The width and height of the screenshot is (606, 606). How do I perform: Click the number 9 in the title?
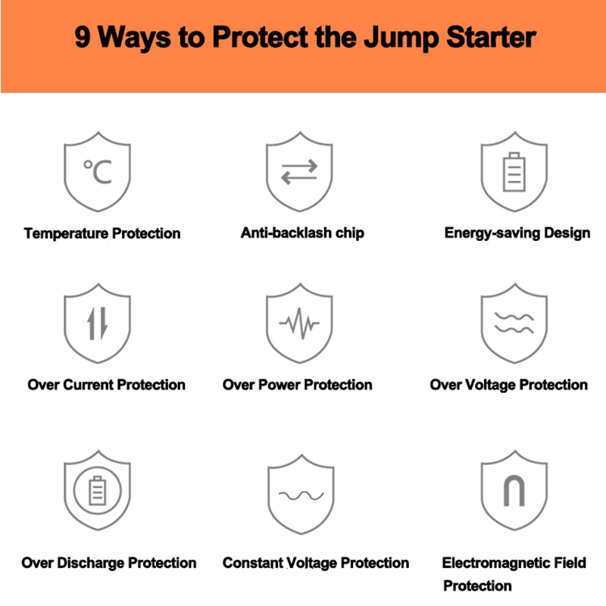tap(83, 37)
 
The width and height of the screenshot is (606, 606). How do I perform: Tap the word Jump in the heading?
tap(401, 39)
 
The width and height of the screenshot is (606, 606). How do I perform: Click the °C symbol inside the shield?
tap(98, 172)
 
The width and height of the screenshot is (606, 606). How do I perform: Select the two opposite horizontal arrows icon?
tap(299, 172)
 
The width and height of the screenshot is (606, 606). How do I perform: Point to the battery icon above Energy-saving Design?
tap(514, 172)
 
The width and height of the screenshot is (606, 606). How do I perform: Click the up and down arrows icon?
tap(98, 323)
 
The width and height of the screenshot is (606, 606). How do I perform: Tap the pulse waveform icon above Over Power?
tap(299, 323)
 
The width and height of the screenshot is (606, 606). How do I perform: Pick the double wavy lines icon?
tap(514, 323)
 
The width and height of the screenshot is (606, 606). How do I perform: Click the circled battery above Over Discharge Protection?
tap(98, 490)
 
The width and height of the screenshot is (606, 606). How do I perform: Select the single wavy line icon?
tap(301, 495)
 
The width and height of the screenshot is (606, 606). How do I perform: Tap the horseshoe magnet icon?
tap(514, 490)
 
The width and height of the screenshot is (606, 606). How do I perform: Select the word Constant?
tap(253, 563)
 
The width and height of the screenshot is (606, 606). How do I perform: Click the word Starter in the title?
tap(491, 37)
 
